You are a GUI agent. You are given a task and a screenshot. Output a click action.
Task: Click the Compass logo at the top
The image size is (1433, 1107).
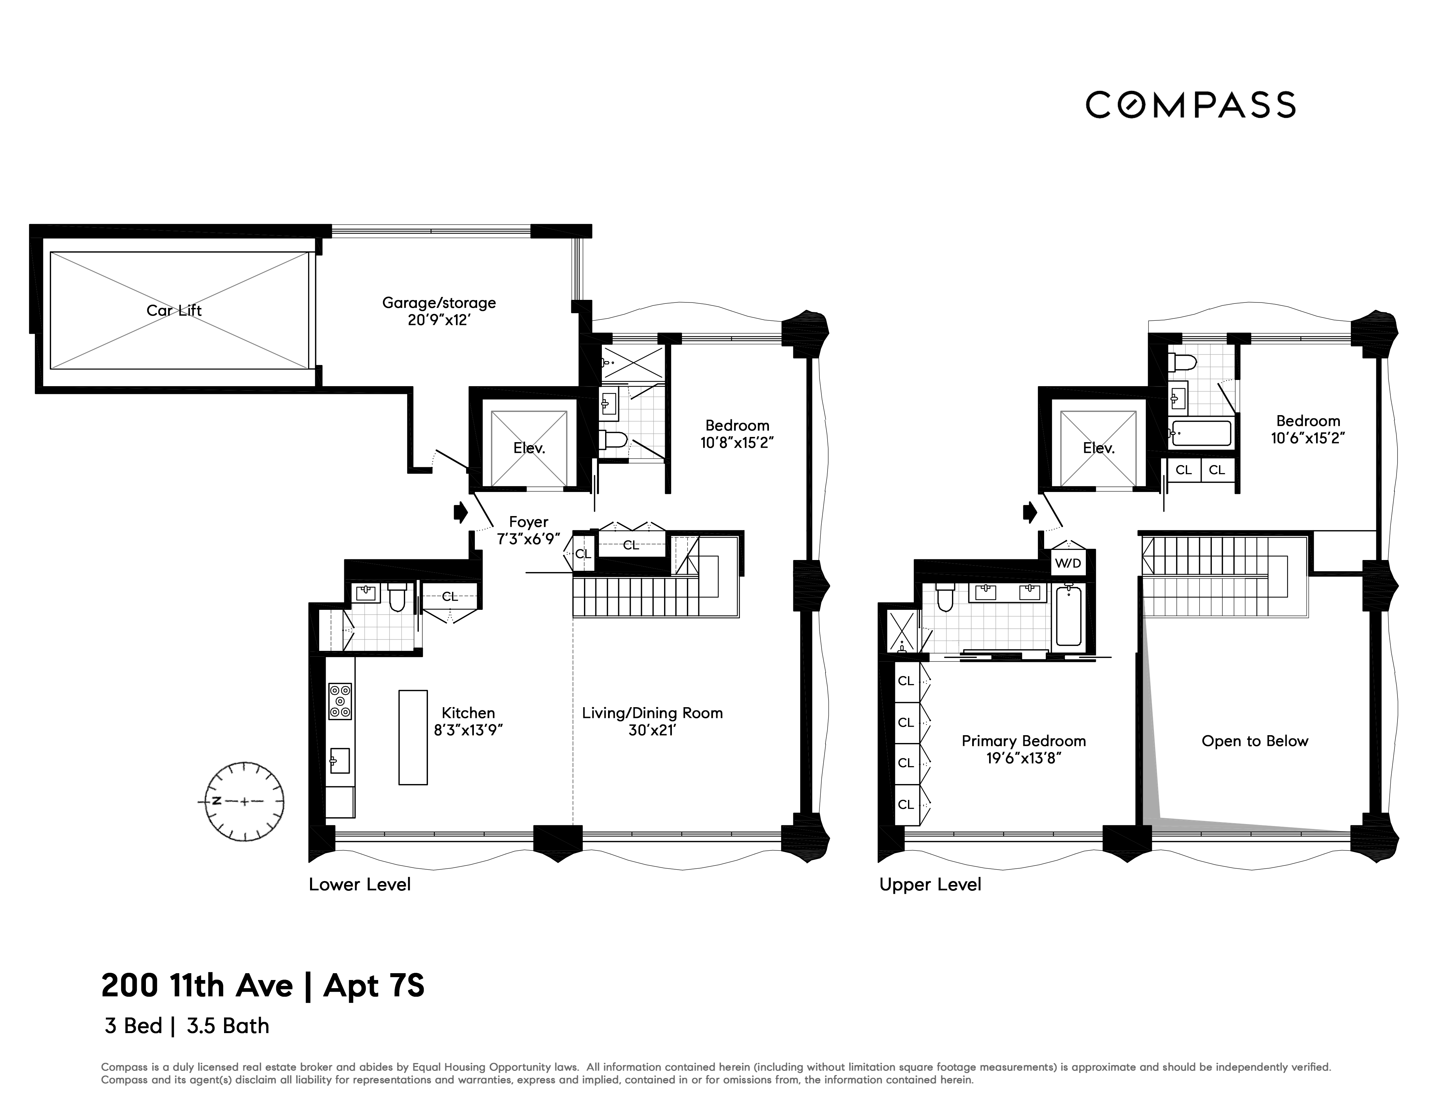tap(1190, 105)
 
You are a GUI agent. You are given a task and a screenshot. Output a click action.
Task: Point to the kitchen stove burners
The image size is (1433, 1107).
tap(340, 701)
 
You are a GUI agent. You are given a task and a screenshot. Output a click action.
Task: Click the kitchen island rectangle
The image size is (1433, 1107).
tap(413, 737)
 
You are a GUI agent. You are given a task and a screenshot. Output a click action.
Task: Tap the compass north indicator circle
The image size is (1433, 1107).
tap(245, 801)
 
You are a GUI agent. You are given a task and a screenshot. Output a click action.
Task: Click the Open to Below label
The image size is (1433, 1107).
tap(1255, 741)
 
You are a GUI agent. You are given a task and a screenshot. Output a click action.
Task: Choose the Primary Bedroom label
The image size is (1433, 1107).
tap(1024, 741)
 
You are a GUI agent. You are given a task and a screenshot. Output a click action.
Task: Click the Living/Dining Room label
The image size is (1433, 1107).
tap(652, 713)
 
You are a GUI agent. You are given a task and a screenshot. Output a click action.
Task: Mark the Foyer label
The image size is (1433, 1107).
tap(528, 522)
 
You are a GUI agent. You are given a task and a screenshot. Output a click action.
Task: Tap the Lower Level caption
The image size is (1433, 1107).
tap(360, 885)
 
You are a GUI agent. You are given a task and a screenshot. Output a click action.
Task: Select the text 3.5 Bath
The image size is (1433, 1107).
tap(228, 1026)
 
